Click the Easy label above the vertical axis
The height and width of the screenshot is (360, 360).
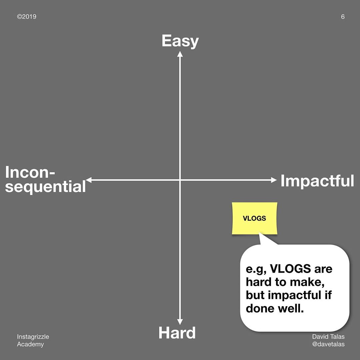pos(180,41)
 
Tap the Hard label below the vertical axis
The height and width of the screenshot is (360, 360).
pos(177,333)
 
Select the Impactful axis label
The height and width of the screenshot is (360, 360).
pos(317,181)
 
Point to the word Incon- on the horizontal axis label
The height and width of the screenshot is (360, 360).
pos(30,172)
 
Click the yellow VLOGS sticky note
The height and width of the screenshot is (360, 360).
pos(255,218)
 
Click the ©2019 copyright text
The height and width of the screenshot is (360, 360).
pos(27,17)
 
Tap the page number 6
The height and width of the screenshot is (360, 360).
pos(343,17)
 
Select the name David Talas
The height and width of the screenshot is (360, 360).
pos(328,337)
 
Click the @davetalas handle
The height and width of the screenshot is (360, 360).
pos(328,344)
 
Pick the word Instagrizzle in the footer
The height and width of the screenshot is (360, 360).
pos(33,337)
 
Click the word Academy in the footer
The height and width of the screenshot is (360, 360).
pos(30,344)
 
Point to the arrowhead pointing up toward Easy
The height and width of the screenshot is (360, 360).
pos(180,54)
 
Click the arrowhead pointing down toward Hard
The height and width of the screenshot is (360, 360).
pos(180,322)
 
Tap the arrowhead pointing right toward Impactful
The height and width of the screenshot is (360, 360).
pos(274,180)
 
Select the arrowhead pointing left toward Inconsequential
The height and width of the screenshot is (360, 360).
pos(89,180)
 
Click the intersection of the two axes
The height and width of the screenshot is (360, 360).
pos(180,180)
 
